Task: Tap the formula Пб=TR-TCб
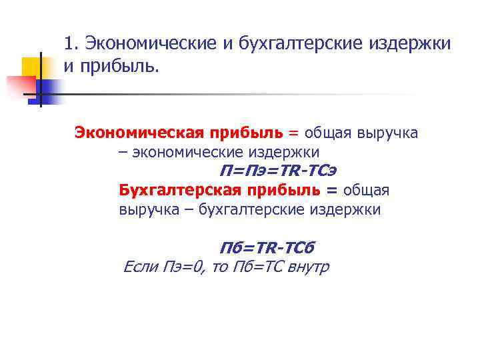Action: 266,248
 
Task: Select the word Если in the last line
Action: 141,267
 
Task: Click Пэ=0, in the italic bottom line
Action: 183,267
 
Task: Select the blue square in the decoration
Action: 48,87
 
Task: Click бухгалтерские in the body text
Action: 255,209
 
